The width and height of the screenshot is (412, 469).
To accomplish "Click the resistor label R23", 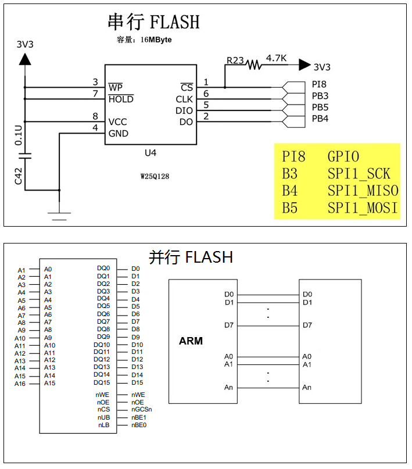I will (235, 60).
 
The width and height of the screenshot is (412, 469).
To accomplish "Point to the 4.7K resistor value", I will (276, 58).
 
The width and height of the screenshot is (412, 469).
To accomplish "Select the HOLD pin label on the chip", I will (121, 99).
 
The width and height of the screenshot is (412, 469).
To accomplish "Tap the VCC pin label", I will (117, 122).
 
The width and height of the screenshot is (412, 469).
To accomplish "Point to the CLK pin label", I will (184, 99).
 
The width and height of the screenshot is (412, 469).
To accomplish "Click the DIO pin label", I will (184, 110).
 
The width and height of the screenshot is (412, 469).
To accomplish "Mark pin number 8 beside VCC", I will (95, 117).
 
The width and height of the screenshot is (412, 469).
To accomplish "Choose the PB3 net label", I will (320, 96).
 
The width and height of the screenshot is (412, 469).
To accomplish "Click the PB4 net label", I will (320, 119).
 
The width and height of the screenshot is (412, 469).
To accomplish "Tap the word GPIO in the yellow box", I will (343, 156).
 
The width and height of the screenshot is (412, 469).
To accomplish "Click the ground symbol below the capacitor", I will (59, 216).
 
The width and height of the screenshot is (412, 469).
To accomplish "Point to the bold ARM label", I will (191, 341).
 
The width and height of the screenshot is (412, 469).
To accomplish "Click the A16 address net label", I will (20, 384).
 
